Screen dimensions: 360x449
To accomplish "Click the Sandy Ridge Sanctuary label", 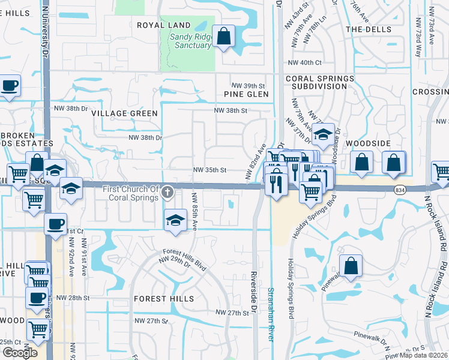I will [x=191, y=40].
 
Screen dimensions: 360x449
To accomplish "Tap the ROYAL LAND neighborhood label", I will [x=164, y=25].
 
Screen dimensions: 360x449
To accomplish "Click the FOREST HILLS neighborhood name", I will [x=164, y=298].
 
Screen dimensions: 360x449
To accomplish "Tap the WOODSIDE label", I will [x=369, y=143].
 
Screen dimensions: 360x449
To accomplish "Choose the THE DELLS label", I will [x=369, y=29].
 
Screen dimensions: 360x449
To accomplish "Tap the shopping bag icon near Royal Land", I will [x=224, y=37].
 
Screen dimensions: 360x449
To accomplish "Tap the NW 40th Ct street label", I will [x=305, y=62].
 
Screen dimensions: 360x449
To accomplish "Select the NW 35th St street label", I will [x=209, y=170].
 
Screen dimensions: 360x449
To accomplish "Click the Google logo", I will [x=20, y=352].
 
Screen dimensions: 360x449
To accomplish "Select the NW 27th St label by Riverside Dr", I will [x=231, y=313].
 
